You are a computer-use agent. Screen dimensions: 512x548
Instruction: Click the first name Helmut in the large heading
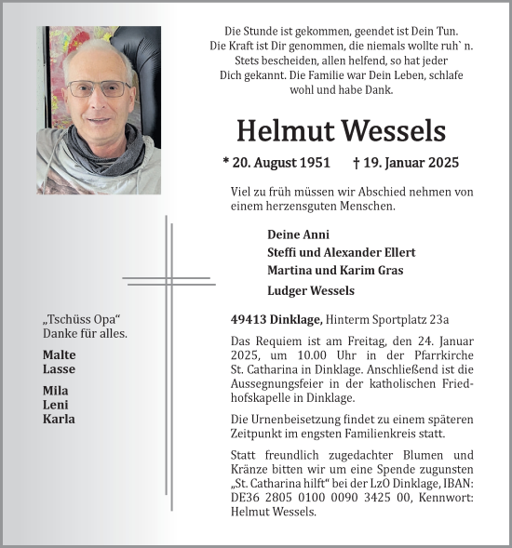[x=284, y=131]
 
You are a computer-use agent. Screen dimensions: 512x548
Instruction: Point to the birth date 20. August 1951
[x=276, y=163]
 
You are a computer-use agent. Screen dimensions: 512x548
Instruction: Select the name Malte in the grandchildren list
[x=60, y=354]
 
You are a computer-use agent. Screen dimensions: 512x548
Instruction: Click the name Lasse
[x=58, y=369]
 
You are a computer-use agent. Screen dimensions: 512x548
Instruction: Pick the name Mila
[x=56, y=391]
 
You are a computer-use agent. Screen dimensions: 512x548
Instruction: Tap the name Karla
[x=59, y=419]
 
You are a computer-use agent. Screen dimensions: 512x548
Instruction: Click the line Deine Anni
[x=298, y=234]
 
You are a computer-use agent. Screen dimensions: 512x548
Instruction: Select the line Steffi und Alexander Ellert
[x=341, y=252]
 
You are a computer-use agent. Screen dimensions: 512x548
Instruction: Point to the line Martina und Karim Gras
[x=329, y=271]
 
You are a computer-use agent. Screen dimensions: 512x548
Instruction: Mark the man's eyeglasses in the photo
[x=99, y=90]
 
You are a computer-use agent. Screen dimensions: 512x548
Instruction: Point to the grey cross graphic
[x=169, y=279]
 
